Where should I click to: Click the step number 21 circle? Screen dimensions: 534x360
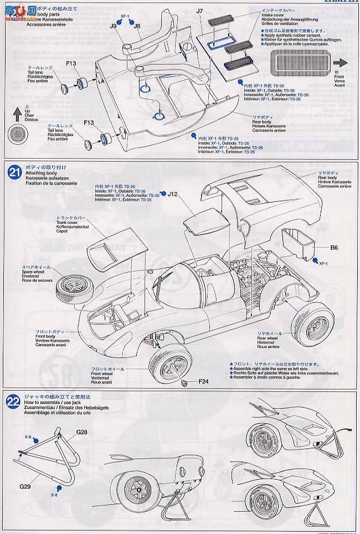pos(14,172)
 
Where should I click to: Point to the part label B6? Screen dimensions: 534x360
pos(334,248)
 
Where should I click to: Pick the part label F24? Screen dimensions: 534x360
pos(203,381)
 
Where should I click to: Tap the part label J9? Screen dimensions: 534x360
pos(114,25)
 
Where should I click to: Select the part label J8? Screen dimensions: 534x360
pos(137,25)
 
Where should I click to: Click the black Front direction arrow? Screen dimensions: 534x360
pos(340,63)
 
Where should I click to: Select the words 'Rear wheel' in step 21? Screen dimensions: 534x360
pos(269,338)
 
